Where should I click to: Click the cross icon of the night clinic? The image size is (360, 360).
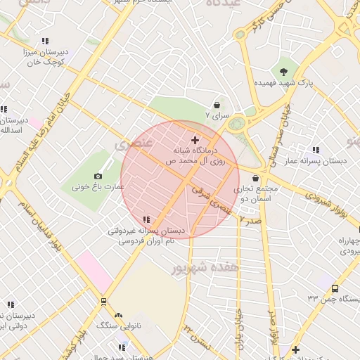point(195,141)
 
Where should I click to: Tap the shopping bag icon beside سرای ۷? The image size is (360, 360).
point(217,104)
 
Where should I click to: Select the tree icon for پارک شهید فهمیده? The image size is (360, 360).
point(283,71)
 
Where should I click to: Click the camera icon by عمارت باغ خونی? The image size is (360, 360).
point(98,176)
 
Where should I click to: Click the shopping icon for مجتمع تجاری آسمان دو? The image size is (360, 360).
point(255,178)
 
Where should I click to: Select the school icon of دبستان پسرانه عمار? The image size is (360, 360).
point(316,150)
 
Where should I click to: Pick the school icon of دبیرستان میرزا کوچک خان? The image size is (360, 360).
point(46,41)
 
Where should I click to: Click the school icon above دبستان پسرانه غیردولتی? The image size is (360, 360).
point(146,219)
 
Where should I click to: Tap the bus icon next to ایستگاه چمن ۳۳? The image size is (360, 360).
point(335,288)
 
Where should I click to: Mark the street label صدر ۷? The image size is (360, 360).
point(250,220)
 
